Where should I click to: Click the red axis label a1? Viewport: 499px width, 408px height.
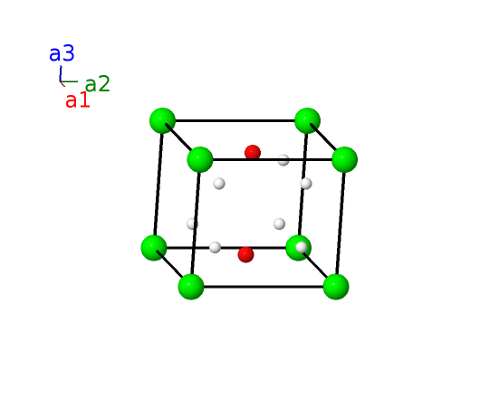(78, 100)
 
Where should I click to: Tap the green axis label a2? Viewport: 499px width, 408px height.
(98, 84)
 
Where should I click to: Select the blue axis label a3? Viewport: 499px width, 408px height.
(62, 53)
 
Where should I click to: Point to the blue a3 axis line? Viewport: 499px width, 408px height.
(60, 74)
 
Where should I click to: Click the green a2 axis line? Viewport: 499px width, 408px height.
(69, 81)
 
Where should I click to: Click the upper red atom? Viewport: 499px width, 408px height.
(253, 152)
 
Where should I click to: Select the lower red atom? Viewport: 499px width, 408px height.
(245, 254)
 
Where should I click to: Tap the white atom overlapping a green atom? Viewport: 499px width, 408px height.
(302, 247)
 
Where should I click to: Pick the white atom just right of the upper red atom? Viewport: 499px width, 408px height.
(283, 159)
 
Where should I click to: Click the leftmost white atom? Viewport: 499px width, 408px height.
(192, 223)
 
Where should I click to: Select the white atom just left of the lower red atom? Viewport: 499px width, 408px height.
(215, 247)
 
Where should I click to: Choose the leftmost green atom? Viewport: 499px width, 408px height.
(154, 248)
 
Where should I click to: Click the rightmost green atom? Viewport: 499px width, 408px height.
(345, 159)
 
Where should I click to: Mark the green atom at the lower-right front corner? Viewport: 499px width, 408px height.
(336, 287)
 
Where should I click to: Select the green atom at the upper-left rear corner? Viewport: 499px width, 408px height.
(162, 120)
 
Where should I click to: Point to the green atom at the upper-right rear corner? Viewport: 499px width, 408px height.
(307, 120)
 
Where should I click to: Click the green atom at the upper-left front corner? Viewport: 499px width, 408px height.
(200, 159)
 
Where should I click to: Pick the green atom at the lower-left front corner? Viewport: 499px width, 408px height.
(191, 287)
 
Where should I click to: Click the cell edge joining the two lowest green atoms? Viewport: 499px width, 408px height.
(264, 287)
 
